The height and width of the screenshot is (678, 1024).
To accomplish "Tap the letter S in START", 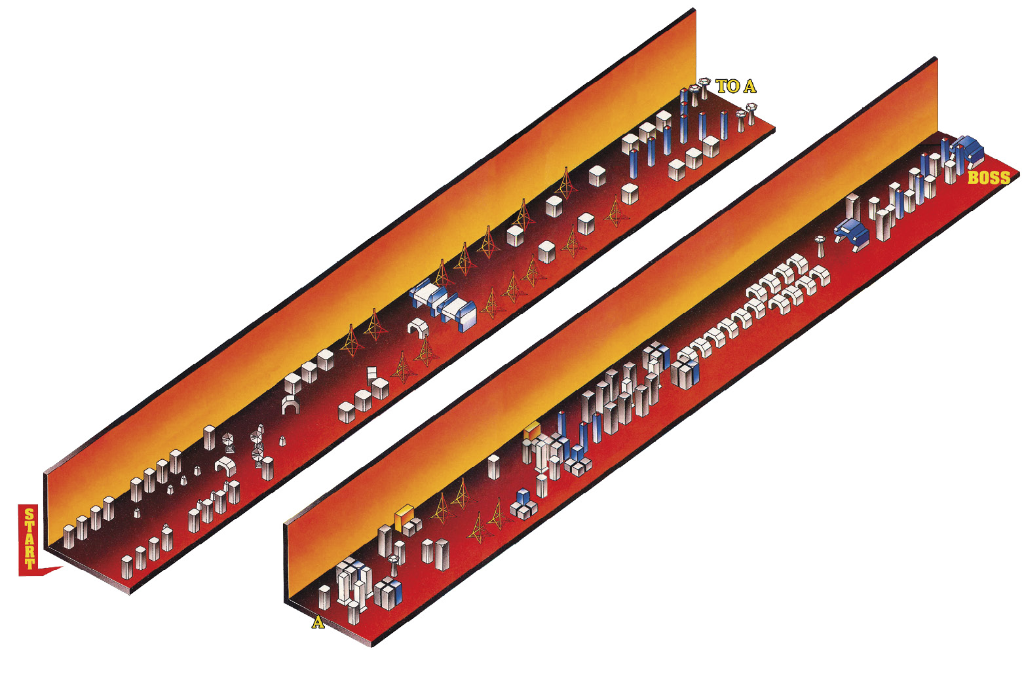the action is [29, 515].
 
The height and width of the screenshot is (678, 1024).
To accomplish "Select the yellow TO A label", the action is [736, 86].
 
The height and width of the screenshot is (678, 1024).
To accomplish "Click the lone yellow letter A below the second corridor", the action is [318, 622].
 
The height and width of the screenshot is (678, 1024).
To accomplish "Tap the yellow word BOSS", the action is [989, 178].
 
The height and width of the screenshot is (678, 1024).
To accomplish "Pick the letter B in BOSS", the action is [974, 178].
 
